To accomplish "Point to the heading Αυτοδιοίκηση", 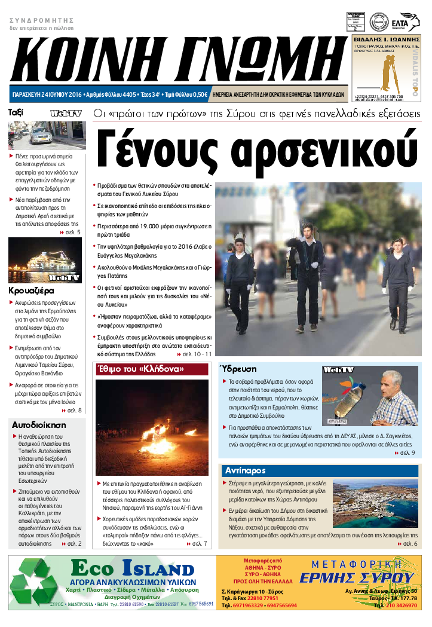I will (x=39, y=425).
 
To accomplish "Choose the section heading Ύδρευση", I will (x=237, y=369).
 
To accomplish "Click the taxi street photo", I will (x=46, y=135).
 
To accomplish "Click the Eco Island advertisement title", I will (x=132, y=567).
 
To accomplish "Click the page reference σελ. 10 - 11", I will (x=197, y=354).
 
